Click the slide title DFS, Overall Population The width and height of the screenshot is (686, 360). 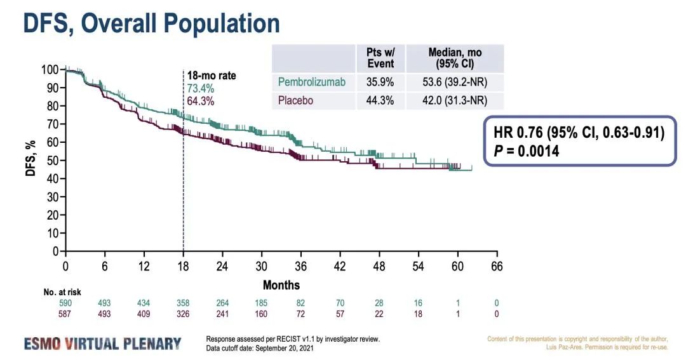tap(151, 23)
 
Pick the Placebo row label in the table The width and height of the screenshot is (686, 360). tap(295, 100)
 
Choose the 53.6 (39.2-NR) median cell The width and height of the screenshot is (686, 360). tap(455, 82)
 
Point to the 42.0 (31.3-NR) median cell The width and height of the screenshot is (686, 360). tap(455, 100)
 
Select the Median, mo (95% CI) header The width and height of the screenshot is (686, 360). tap(455, 58)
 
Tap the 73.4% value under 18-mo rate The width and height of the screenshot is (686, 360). tap(200, 88)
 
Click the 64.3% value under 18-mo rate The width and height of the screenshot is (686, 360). tap(200, 101)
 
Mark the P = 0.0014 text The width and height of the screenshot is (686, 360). tap(527, 151)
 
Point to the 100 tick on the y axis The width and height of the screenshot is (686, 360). tap(50, 69)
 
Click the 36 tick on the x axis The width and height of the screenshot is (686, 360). tap(300, 267)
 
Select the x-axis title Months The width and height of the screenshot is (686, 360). tap(281, 284)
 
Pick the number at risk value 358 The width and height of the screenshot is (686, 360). tap(183, 303)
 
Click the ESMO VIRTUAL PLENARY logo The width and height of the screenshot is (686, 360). tap(103, 343)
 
